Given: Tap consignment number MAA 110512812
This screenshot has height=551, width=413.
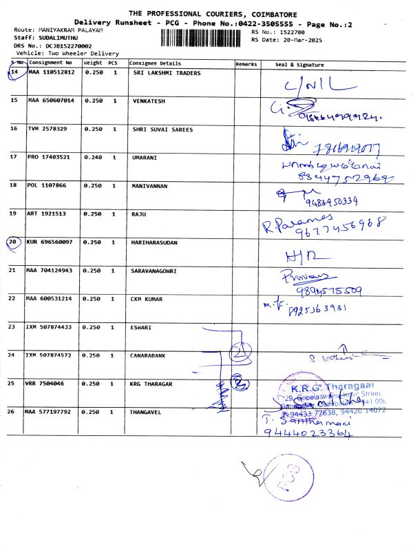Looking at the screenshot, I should pos(51,72).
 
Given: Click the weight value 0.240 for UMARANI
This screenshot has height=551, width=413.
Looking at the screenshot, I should pos(93,157).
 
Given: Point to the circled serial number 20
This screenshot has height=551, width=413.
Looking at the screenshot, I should pos(14,242).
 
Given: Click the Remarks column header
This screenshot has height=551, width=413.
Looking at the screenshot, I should pos(246,64).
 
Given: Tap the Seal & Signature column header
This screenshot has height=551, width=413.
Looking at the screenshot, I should pos(299,64).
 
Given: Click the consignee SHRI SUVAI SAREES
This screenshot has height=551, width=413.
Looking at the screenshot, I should pos(162,129).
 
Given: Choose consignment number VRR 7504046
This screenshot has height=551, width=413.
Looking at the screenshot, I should pos(47,383).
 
